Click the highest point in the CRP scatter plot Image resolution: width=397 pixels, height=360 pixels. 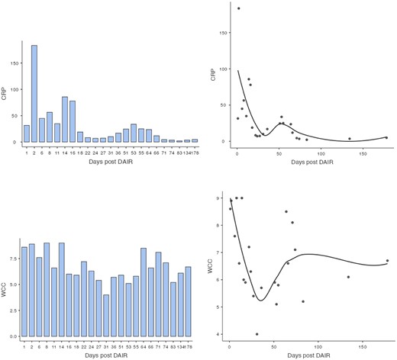[238, 8]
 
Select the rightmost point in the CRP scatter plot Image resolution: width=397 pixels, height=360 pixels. [386, 137]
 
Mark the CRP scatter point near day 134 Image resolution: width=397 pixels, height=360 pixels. [350, 139]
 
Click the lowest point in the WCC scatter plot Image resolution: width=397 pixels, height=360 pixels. [257, 334]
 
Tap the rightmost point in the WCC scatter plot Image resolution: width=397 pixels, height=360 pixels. [387, 261]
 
